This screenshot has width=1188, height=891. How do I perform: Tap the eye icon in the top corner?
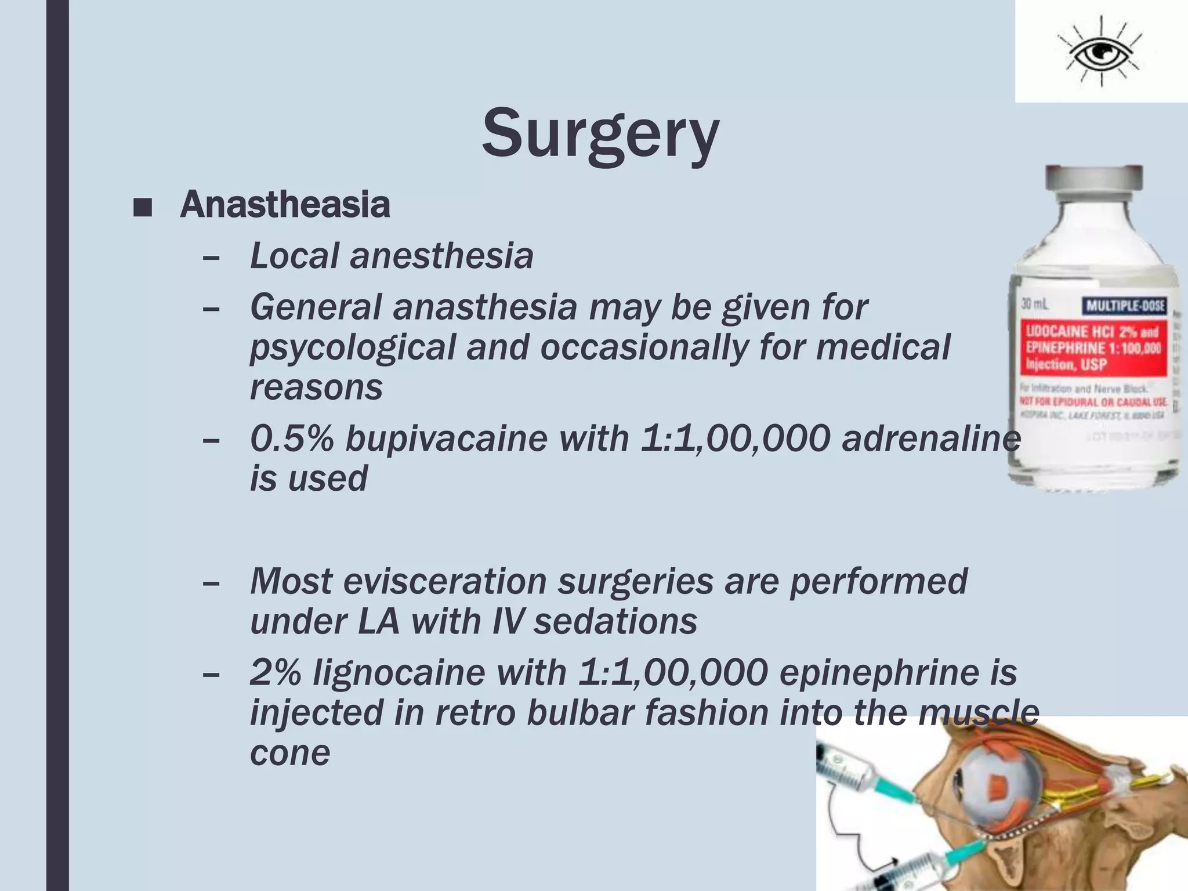coord(1099,53)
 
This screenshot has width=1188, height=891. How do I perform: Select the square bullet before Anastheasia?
coord(142,208)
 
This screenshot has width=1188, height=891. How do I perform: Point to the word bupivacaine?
coord(446,439)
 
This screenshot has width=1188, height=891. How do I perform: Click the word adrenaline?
coord(930,439)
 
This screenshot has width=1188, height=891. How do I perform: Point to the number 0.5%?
coord(292,439)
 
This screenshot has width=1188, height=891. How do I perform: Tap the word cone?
coord(290,753)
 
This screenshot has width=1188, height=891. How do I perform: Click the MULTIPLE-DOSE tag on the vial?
coord(1124,306)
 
